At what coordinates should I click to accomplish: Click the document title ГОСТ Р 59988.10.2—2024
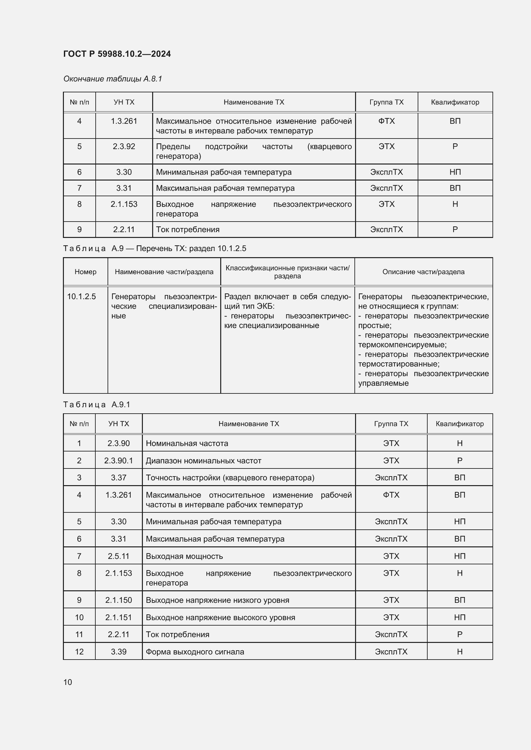tap(117, 54)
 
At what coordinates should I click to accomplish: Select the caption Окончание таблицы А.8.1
tap(112, 79)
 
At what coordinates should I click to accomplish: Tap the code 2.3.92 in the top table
tap(124, 146)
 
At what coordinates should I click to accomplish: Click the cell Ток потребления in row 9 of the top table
tap(188, 229)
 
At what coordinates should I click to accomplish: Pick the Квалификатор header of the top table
tap(455, 102)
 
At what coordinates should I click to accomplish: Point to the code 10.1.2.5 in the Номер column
tap(82, 297)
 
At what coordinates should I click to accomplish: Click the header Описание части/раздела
tap(423, 272)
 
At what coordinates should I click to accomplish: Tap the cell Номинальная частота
tap(187, 443)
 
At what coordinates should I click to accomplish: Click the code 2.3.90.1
tap(118, 460)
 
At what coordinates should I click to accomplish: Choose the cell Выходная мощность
tap(184, 556)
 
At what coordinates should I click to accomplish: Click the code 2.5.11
tap(118, 556)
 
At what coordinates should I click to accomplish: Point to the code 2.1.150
tap(118, 600)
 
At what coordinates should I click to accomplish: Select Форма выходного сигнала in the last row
tap(195, 652)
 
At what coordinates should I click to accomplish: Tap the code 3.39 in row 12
tap(118, 652)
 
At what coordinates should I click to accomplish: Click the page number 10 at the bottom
tap(68, 682)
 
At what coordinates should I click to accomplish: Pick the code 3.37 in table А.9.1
tap(118, 477)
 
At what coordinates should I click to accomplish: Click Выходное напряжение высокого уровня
tap(220, 617)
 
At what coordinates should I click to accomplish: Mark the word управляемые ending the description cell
tap(383, 383)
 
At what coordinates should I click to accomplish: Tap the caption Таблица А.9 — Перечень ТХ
tap(154, 248)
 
